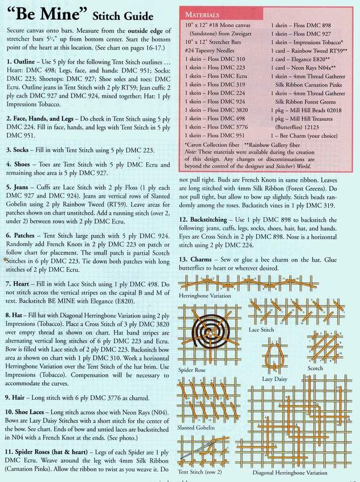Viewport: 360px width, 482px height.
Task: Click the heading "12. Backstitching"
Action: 210,219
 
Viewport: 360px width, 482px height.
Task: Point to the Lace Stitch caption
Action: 261,329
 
